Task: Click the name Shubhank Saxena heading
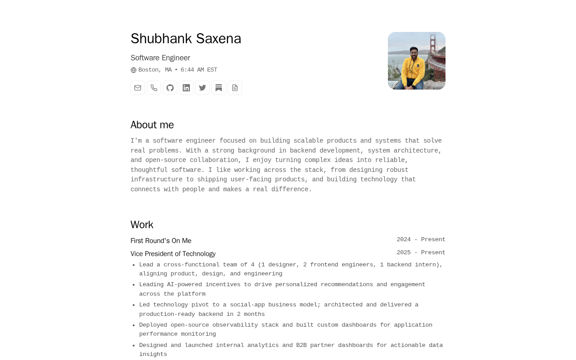(x=186, y=39)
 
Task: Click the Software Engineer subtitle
(x=160, y=58)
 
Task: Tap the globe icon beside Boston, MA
(x=134, y=70)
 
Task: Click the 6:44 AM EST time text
(x=198, y=70)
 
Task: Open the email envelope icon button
(x=138, y=88)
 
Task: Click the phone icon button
(x=154, y=88)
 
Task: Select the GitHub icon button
(x=170, y=88)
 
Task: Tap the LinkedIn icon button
(x=186, y=88)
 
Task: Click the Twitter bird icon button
(x=202, y=88)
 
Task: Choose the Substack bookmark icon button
(x=219, y=88)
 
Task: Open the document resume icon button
(x=235, y=88)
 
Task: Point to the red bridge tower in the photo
(x=433, y=45)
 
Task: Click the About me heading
(x=152, y=125)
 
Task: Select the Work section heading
(x=142, y=225)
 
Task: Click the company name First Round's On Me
(x=161, y=241)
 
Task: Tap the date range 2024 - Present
(x=421, y=239)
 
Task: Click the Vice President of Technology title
(x=173, y=254)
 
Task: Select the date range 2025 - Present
(x=421, y=252)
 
